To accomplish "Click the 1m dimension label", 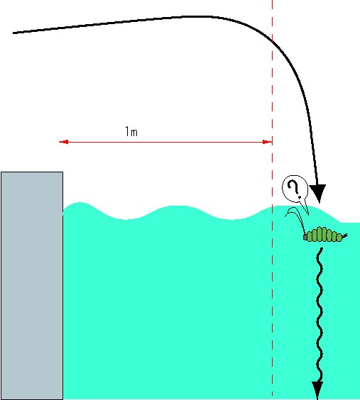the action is [131, 132].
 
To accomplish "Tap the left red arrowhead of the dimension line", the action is [64, 142].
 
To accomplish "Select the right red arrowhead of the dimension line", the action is [267, 142].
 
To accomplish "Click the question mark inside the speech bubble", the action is [294, 189].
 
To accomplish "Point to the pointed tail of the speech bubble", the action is [307, 213].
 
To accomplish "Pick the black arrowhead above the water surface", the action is [317, 194].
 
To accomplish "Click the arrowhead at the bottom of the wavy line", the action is [317, 390].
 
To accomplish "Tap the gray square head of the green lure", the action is [305, 238].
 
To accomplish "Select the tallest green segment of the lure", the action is [324, 234].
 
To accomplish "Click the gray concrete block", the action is [32, 286].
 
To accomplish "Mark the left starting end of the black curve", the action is [13, 33].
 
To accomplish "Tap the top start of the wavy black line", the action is [321, 248].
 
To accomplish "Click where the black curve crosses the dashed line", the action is [272, 41].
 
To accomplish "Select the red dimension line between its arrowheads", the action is [165, 142].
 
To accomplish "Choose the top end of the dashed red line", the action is [272, 1].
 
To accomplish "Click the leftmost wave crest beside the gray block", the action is [80, 203].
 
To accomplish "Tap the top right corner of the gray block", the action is [62, 172].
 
